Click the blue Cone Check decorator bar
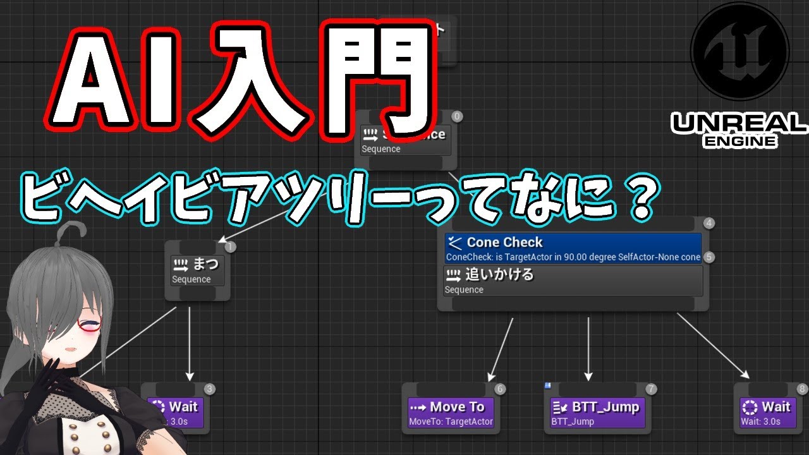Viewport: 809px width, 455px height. pos(573,248)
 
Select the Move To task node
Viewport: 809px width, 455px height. pos(451,413)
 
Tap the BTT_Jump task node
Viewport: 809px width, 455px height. pos(597,413)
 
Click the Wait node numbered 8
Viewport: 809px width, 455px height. pos(767,413)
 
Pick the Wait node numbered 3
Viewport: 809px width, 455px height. pos(176,412)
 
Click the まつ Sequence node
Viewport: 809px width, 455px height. pos(197,270)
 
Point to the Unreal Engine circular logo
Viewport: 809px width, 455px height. pos(739,51)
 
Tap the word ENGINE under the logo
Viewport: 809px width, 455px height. pos(739,142)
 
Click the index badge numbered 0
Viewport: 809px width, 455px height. pos(458,116)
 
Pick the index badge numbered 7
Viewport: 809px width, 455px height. pos(652,389)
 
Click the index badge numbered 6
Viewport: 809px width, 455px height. pos(500,389)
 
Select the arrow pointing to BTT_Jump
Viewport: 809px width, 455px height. pos(588,348)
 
